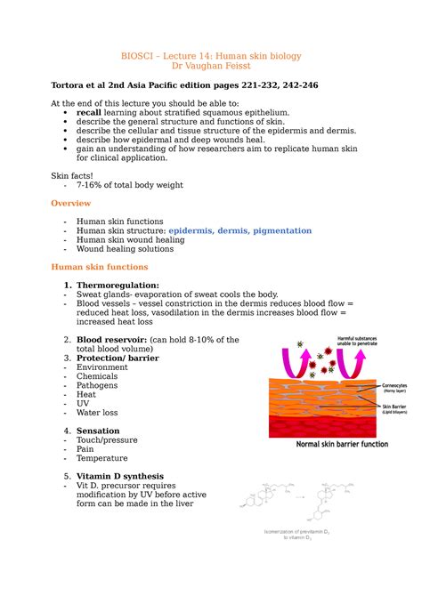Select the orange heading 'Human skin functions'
99,267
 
